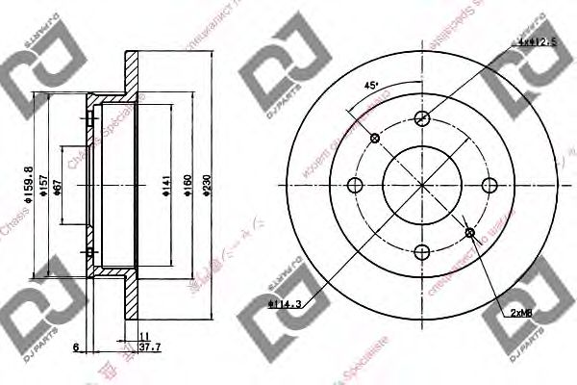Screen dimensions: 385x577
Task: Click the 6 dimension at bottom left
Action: tap(75, 347)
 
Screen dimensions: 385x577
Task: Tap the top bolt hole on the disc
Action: tap(421, 118)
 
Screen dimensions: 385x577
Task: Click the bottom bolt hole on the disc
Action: tap(421, 253)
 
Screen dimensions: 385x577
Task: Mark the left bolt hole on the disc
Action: tap(354, 186)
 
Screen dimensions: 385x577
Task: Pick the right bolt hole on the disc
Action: tap(489, 186)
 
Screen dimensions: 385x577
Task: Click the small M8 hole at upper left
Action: tap(374, 139)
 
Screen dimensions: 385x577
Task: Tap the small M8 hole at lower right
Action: tap(468, 233)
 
